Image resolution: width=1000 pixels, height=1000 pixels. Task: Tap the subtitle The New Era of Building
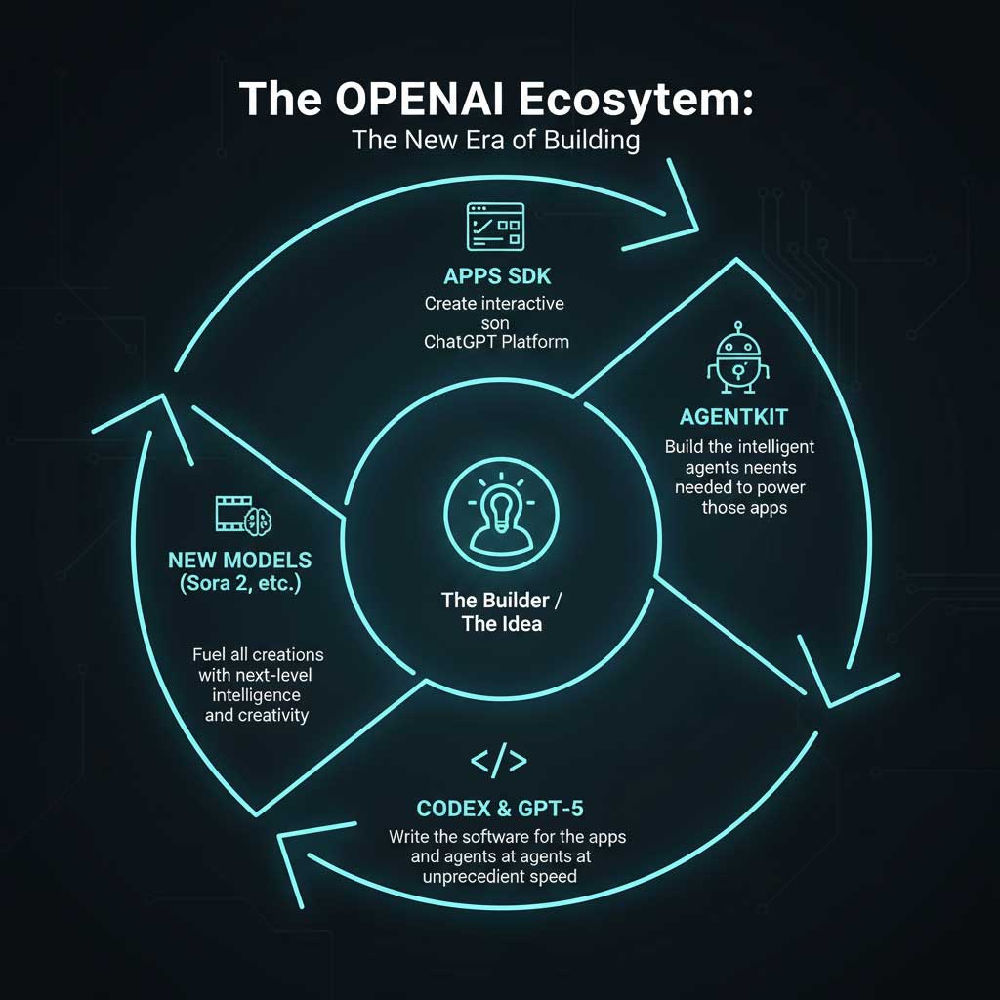[496, 140]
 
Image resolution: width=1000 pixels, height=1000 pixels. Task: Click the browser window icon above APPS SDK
[495, 228]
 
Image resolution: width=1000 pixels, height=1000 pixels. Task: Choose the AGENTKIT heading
[737, 417]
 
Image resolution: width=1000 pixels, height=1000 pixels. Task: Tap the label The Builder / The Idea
[500, 611]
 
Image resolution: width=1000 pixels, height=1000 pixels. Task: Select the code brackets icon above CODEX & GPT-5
[498, 762]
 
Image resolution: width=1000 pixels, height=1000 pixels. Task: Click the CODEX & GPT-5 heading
[499, 809]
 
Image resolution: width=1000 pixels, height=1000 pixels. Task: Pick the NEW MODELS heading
[239, 562]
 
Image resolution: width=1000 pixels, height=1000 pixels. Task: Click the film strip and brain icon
[243, 514]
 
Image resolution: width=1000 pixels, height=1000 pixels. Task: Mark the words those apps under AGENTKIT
[744, 508]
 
